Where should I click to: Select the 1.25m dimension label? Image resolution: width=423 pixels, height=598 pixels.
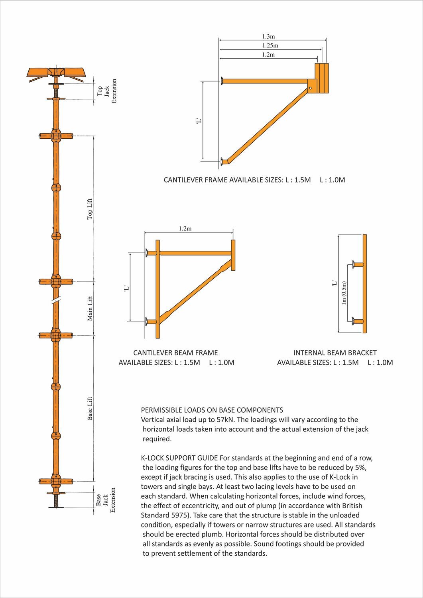point(270,45)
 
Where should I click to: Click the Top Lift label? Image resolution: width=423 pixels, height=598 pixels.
point(90,209)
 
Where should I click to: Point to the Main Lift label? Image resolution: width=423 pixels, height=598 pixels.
point(90,308)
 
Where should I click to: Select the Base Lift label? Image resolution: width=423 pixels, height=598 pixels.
point(90,408)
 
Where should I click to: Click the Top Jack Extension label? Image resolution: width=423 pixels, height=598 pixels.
point(107,91)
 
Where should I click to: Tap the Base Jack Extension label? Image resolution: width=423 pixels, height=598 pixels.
point(106,500)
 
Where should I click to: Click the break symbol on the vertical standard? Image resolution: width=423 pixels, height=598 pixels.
point(56,301)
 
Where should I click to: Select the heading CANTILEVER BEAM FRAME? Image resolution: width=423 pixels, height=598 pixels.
point(175,353)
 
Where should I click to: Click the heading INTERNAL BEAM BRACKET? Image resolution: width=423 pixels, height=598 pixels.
point(335,353)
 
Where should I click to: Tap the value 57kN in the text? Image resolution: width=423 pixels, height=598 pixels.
point(226,419)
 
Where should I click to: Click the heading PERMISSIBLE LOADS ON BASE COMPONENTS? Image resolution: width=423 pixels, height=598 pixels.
point(212,410)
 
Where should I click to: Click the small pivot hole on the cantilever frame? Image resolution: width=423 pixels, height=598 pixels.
point(310,88)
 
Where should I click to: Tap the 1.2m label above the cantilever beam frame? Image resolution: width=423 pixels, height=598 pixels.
point(185,229)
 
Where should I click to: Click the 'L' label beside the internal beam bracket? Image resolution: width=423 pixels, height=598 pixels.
point(334,283)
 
